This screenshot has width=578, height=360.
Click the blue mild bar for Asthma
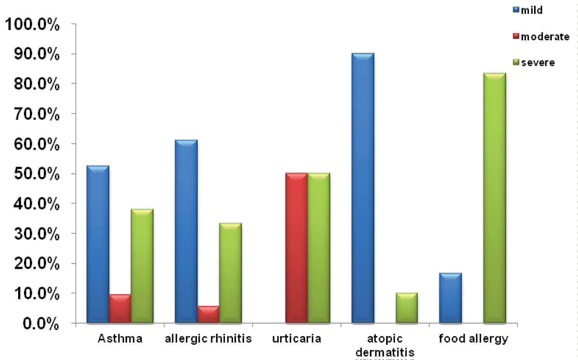click(98, 244)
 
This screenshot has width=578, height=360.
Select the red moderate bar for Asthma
click(120, 308)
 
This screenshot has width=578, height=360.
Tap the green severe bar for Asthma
click(142, 266)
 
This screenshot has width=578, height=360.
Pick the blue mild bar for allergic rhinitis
click(186, 231)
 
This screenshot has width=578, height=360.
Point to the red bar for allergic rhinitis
click(208, 314)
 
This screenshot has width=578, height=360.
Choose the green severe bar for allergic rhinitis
click(230, 273)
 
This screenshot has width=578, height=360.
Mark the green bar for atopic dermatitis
click(407, 308)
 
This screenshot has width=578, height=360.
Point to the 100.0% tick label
click(32, 25)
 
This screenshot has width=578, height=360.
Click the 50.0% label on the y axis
click(37, 174)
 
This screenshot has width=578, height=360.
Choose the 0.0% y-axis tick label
click(41, 324)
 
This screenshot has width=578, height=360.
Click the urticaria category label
click(296, 338)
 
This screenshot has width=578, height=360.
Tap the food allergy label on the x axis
click(473, 338)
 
